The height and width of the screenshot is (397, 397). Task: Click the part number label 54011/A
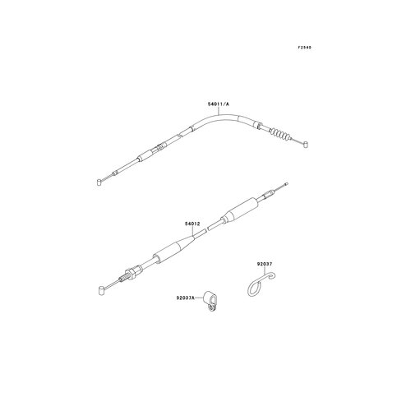point(219,104)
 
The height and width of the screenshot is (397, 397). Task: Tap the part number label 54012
point(192,224)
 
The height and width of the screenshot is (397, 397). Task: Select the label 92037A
point(185,298)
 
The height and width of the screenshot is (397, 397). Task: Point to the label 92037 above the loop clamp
point(265,264)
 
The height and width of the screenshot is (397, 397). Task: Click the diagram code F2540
point(305,48)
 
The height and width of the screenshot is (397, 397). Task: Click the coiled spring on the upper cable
point(279,134)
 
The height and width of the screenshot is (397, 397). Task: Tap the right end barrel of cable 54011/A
point(305,145)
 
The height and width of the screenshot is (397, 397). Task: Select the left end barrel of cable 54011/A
point(99,182)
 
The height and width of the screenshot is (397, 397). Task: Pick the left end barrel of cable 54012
point(101,290)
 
